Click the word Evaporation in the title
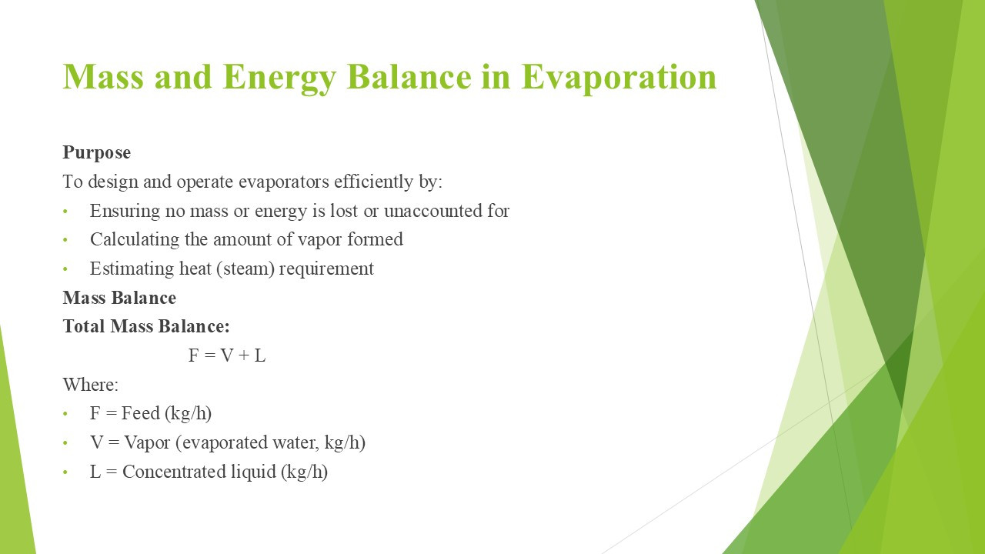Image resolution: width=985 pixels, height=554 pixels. pyautogui.click(x=619, y=78)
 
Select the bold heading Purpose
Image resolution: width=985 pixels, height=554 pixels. pyautogui.click(x=97, y=153)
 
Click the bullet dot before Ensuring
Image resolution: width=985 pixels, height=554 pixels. pyautogui.click(x=65, y=212)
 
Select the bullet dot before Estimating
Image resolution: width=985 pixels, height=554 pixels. pyautogui.click(x=65, y=269)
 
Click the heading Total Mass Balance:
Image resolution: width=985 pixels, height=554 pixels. pyautogui.click(x=146, y=326)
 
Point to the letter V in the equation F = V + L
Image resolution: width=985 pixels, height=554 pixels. pyautogui.click(x=227, y=355)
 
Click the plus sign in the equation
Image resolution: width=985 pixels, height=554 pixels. pyautogui.click(x=244, y=355)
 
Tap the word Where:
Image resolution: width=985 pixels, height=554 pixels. pyautogui.click(x=91, y=385)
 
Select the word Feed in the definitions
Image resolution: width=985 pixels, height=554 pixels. pyautogui.click(x=141, y=413)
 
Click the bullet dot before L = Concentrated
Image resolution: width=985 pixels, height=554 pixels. pyautogui.click(x=65, y=472)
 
